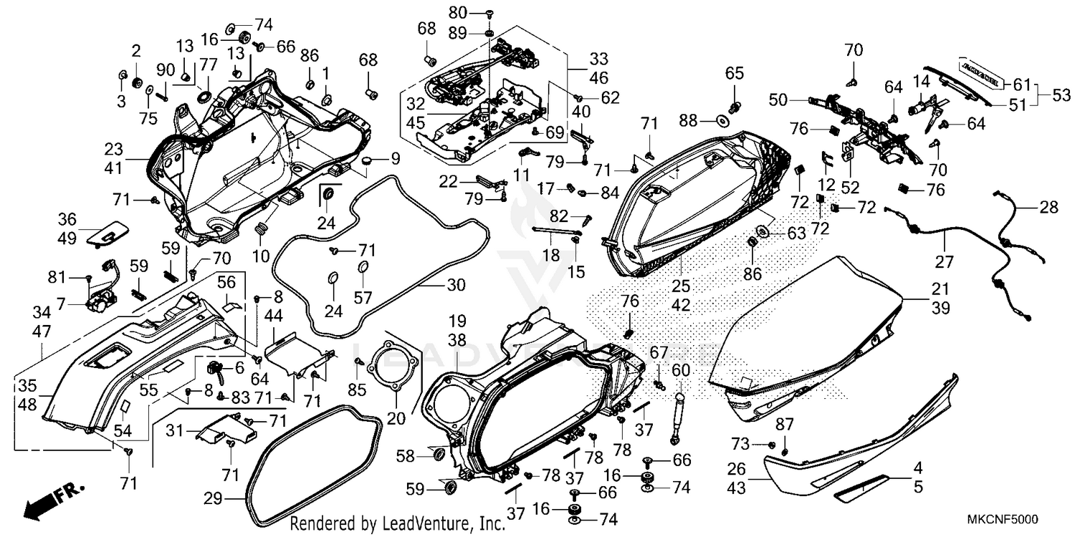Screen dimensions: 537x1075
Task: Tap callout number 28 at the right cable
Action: [1048, 207]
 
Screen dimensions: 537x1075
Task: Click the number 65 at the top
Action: [735, 73]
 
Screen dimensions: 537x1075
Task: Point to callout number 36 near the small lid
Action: [67, 220]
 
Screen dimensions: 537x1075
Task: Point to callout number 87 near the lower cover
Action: [786, 425]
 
